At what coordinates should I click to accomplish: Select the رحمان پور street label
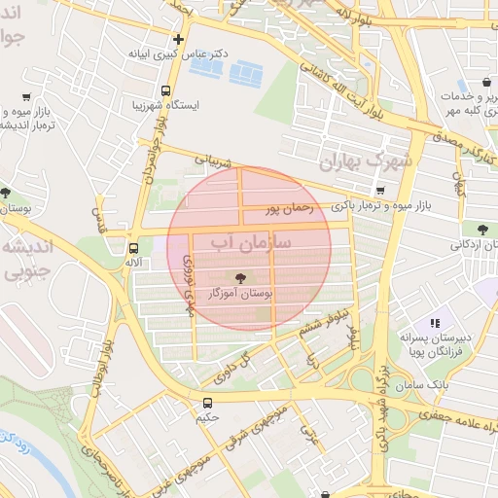(x=289, y=207)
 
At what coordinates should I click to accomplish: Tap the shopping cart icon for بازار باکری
(x=380, y=190)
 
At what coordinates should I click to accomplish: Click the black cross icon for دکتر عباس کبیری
(x=177, y=39)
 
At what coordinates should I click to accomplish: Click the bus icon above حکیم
(x=206, y=402)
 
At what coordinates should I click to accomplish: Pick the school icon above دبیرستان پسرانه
(x=435, y=322)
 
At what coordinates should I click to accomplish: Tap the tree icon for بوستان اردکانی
(x=482, y=229)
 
